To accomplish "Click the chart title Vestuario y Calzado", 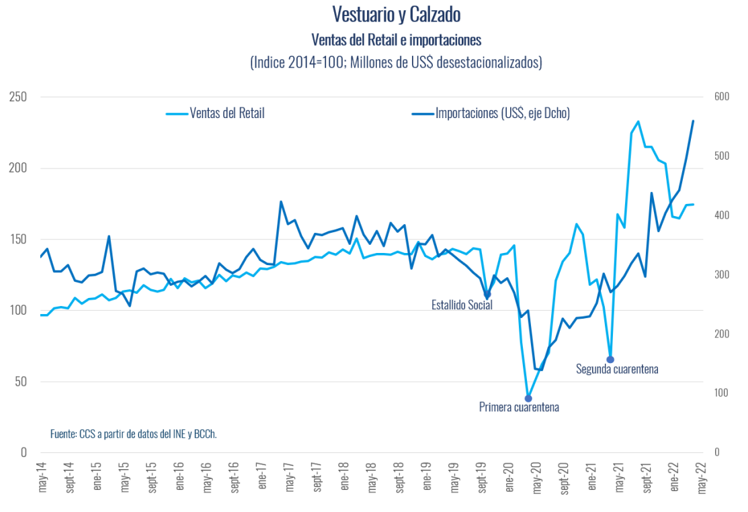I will [x=396, y=14].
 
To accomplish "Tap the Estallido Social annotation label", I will [x=462, y=305].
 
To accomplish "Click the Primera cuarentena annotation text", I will [x=519, y=407].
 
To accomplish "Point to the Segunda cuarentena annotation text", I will [x=617, y=369].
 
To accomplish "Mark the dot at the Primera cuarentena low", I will [x=528, y=398].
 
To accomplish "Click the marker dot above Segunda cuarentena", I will [x=610, y=360].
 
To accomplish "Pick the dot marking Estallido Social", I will [x=488, y=295].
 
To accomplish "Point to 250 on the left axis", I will [x=18, y=97].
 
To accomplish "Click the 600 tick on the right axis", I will [x=721, y=97].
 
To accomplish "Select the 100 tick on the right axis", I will [x=721, y=393].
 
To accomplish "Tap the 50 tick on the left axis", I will [x=21, y=382].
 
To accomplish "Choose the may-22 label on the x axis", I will [x=702, y=478].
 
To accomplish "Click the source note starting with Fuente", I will [x=134, y=434].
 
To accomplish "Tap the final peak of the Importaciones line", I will [x=694, y=121].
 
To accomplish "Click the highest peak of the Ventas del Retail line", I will [x=638, y=121].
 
